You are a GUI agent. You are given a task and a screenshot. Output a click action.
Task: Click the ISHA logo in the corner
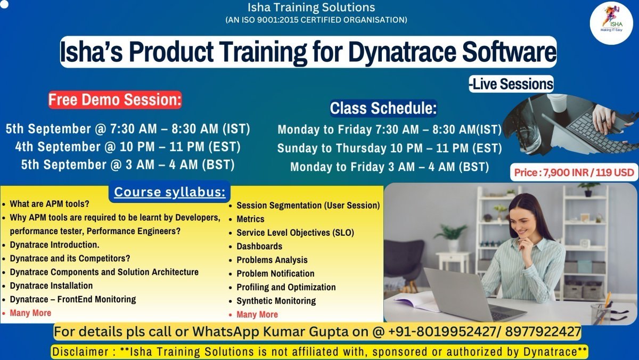[x=611, y=22]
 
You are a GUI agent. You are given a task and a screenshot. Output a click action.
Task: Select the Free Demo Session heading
[x=115, y=100]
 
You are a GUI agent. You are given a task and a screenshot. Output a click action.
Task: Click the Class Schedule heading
[x=383, y=108]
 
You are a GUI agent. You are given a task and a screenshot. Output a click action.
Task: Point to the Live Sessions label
[x=511, y=84]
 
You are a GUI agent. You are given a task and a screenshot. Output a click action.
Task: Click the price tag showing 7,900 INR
[x=574, y=173]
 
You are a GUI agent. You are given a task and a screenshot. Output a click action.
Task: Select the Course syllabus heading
[x=169, y=192]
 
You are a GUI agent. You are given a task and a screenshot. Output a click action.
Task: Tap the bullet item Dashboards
[x=259, y=246]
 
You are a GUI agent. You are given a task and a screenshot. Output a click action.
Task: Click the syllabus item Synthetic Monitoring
[x=276, y=301]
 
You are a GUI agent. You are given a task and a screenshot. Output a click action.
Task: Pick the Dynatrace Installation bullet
[x=51, y=285]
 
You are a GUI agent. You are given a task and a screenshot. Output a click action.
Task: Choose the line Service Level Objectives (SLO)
[x=295, y=233]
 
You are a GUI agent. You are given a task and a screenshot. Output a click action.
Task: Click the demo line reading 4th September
[x=128, y=146]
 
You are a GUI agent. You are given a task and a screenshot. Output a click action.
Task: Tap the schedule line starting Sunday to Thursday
[x=389, y=148]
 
